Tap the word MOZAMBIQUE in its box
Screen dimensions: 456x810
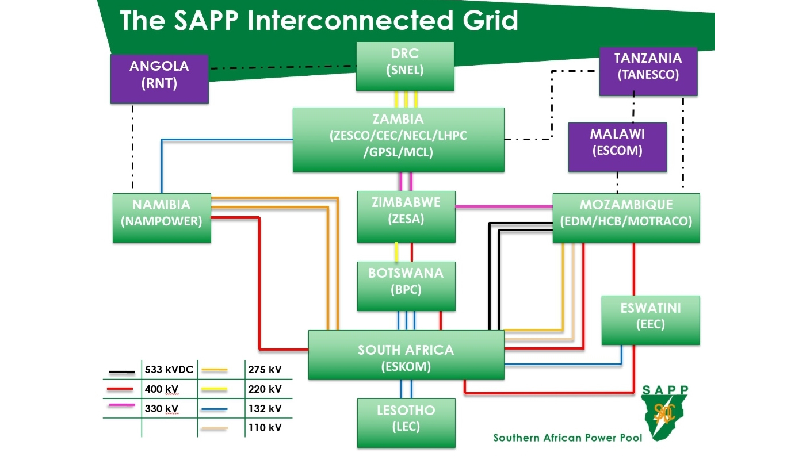[x=626, y=205]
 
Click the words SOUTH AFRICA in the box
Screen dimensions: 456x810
[x=406, y=350]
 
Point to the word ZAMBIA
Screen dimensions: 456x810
[x=398, y=119]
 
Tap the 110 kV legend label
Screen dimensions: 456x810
[x=265, y=428]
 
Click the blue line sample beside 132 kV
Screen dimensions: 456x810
[x=214, y=409]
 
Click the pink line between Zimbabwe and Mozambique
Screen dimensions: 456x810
[x=503, y=206]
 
